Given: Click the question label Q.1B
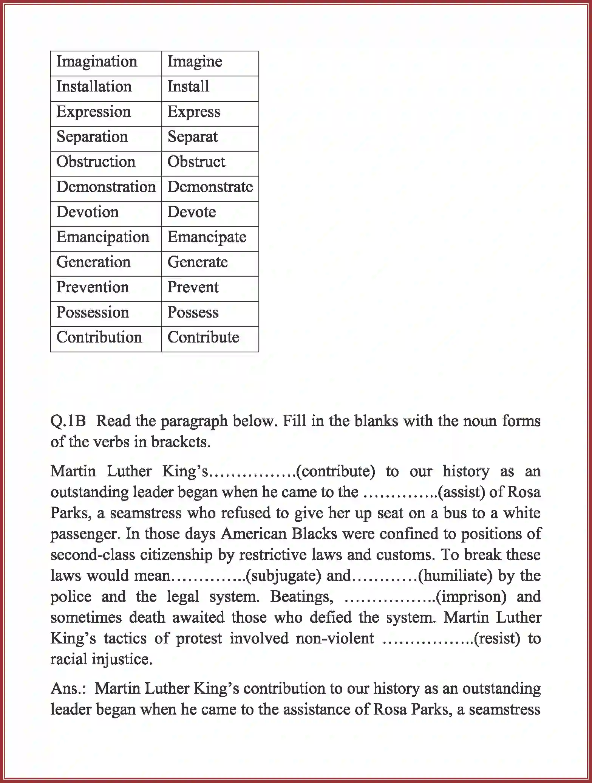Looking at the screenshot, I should point(68,421).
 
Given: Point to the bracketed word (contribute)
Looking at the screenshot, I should point(335,471).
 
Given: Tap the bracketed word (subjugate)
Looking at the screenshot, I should point(283,576).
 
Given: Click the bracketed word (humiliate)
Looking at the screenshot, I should point(455,576).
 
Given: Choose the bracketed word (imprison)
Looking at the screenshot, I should point(471,597).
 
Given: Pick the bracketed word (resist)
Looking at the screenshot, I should point(496,639).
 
